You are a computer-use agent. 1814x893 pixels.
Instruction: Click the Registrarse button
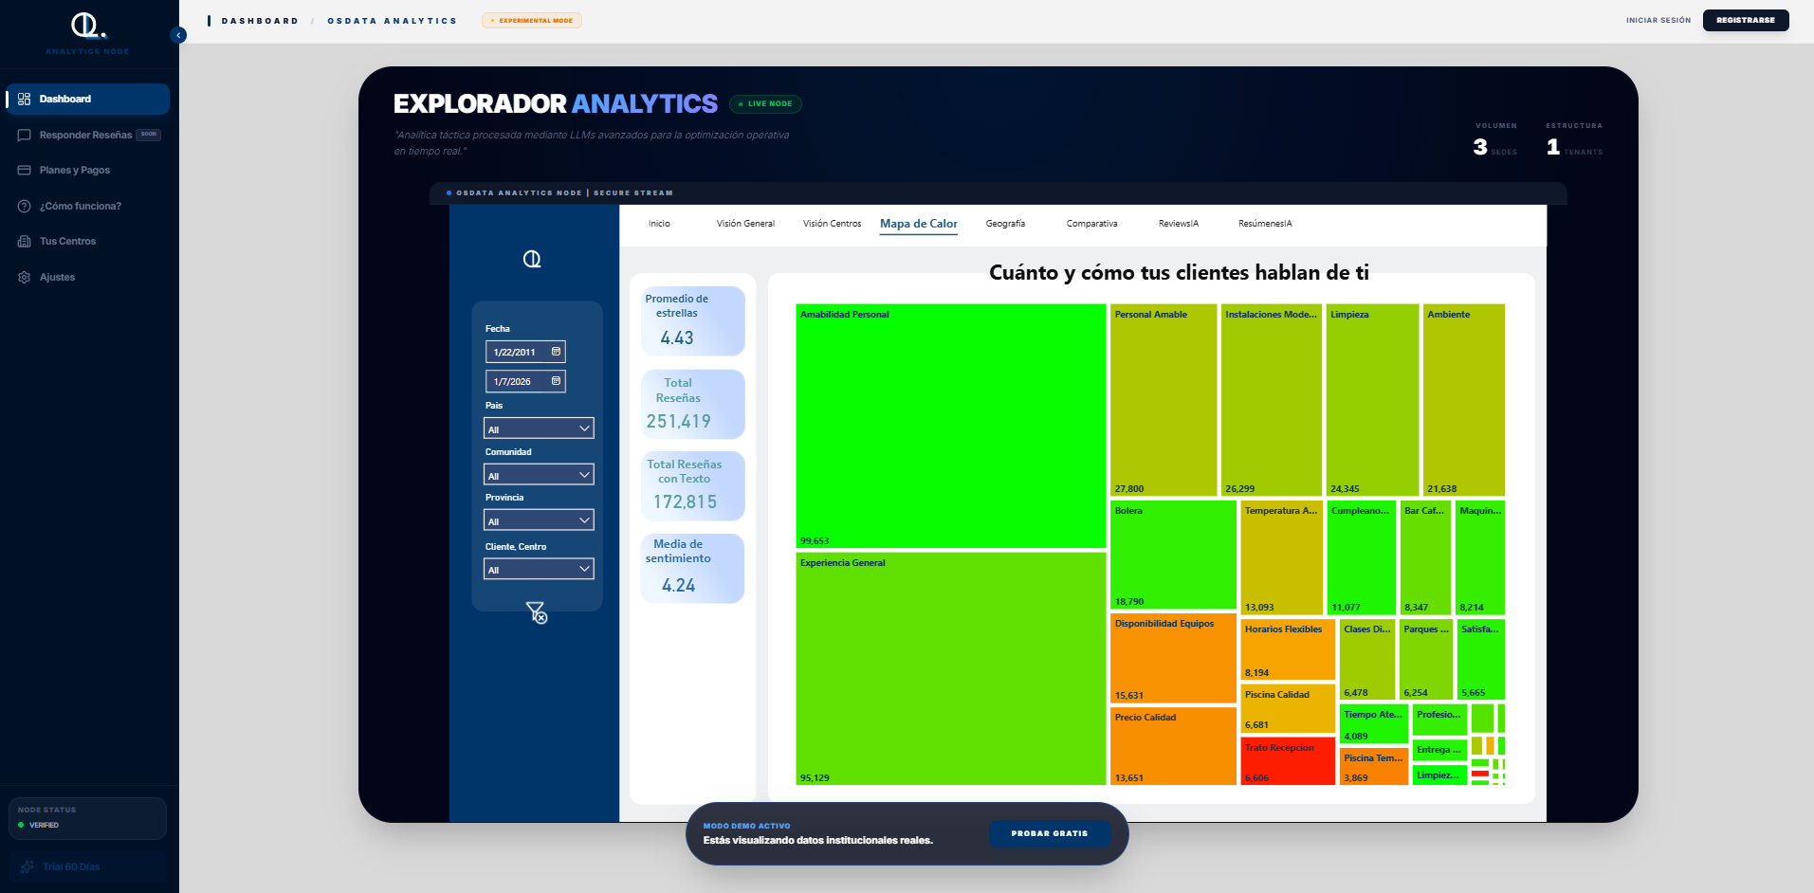pos(1745,20)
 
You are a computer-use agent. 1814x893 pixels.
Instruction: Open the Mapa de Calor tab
pos(918,224)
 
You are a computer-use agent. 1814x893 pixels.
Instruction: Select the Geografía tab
pos(1005,224)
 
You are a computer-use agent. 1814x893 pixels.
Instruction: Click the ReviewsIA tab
pos(1178,224)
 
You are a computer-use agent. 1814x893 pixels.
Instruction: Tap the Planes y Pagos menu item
pos(74,171)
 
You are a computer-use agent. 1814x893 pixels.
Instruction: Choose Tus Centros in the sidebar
pos(67,242)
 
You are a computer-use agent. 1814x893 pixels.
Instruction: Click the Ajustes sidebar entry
pos(57,278)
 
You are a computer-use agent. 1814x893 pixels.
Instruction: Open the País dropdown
pos(538,428)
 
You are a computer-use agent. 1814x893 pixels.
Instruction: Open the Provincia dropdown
pos(538,520)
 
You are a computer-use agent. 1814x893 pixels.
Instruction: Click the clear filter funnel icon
pos(536,612)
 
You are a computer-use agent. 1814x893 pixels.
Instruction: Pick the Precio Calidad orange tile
pos(1172,747)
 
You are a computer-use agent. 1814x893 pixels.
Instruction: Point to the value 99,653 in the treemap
pos(815,541)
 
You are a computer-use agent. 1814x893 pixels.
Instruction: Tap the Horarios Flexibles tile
pos(1287,649)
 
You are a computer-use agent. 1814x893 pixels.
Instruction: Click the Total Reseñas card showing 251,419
pos(692,404)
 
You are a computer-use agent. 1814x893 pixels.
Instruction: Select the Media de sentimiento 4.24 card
pos(692,568)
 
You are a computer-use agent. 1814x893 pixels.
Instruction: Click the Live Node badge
pos(765,104)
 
